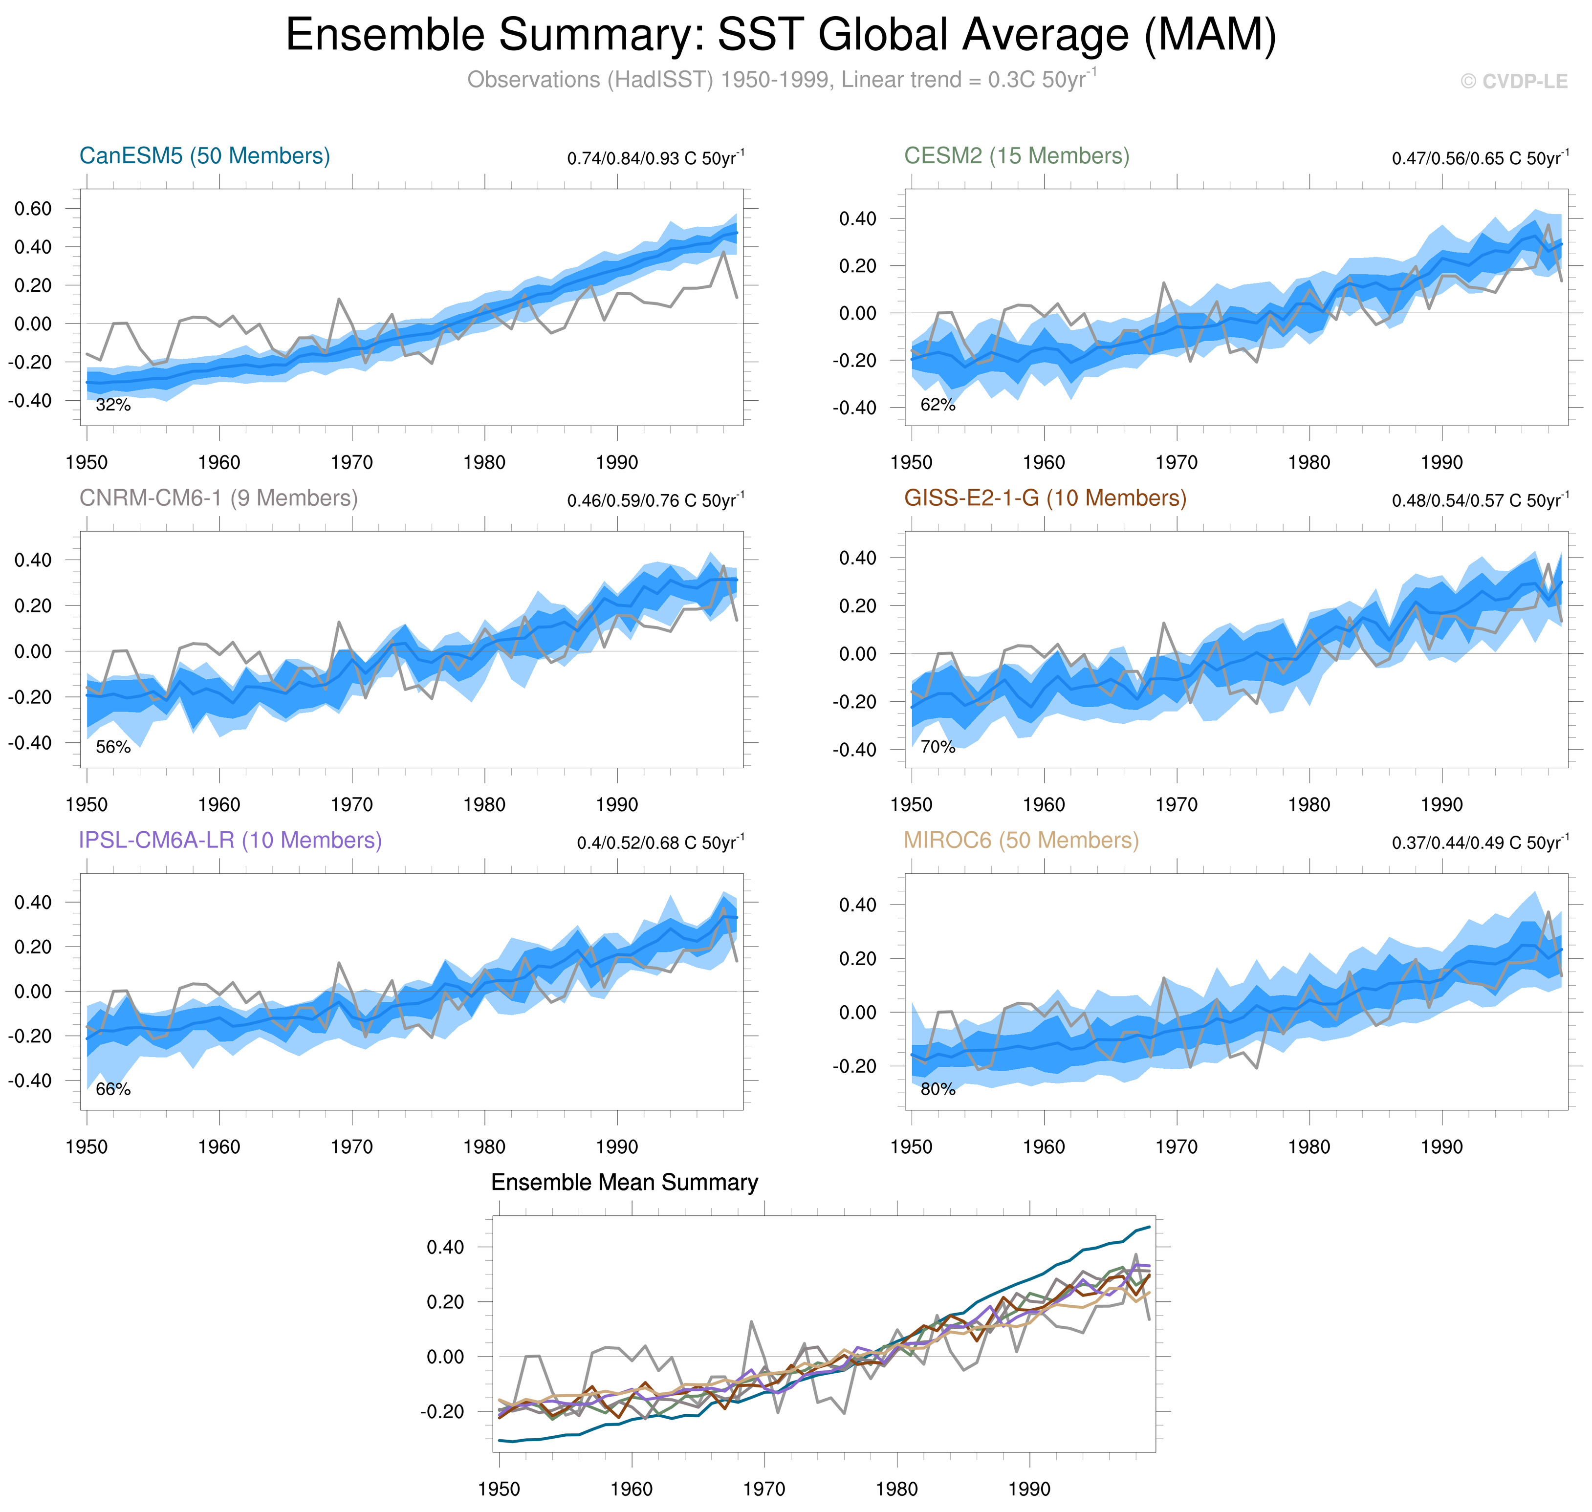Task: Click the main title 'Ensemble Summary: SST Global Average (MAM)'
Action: coord(780,36)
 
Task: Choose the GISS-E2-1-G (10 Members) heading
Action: coord(1045,498)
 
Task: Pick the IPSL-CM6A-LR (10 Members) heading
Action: coord(230,840)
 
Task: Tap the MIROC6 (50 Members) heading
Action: coord(1021,840)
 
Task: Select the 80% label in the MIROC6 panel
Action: coord(938,1089)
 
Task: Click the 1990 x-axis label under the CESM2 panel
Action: coord(1441,463)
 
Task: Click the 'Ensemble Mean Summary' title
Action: coord(624,1182)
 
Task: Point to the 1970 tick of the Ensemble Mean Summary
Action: coord(763,1489)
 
